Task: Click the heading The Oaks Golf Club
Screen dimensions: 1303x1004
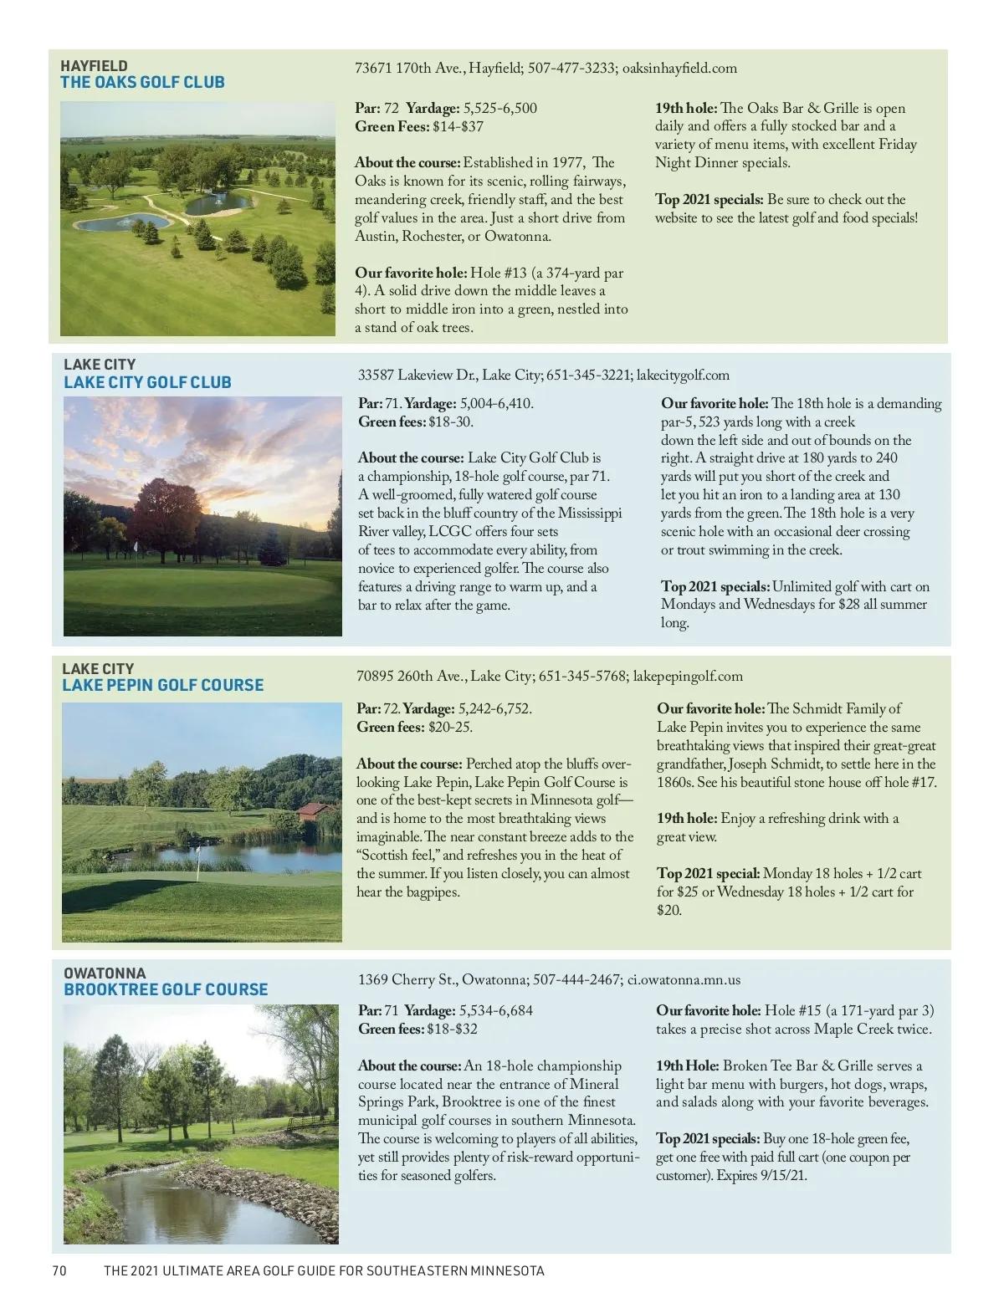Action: [142, 83]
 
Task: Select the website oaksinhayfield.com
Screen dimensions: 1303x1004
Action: [680, 69]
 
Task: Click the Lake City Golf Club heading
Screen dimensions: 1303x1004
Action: [147, 382]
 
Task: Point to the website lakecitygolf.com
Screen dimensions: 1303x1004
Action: [683, 375]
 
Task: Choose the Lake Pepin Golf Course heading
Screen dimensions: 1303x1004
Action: [162, 685]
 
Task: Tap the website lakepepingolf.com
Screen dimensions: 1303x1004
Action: [688, 676]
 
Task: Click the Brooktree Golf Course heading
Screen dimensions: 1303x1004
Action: [166, 989]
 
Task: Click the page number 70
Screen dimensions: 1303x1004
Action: [59, 1271]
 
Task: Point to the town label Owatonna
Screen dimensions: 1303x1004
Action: [105, 973]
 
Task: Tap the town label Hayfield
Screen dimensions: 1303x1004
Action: [94, 65]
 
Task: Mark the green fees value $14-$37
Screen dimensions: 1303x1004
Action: [458, 127]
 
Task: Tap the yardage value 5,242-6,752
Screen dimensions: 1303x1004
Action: [494, 708]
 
